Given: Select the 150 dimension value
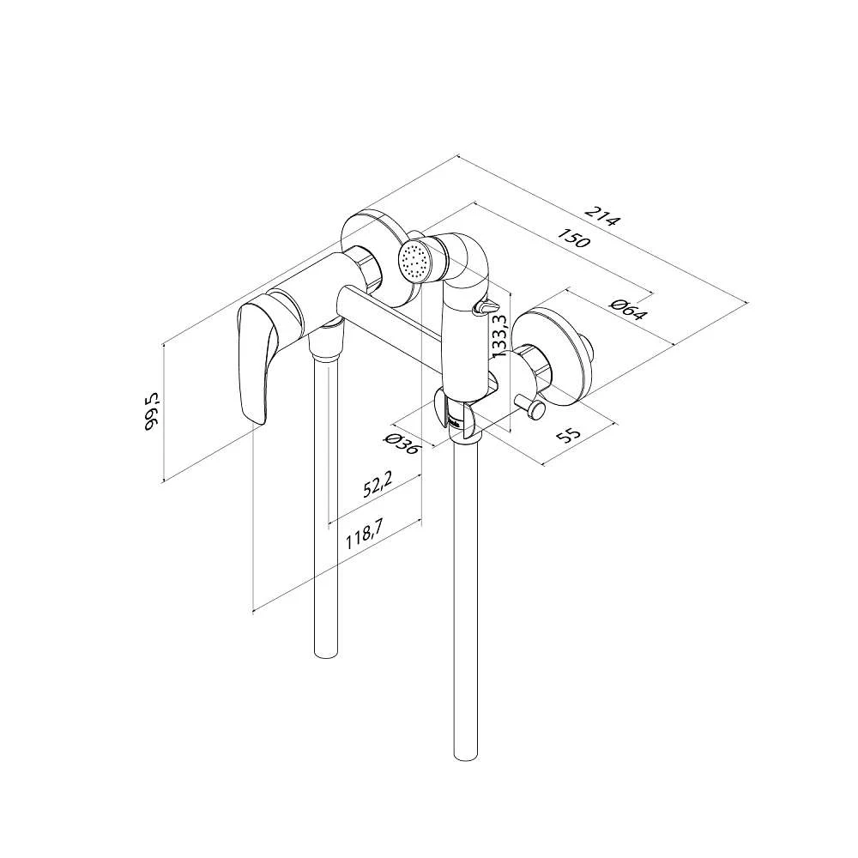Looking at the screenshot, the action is click(574, 238).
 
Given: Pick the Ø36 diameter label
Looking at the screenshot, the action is click(402, 444).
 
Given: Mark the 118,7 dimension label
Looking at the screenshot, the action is click(364, 534).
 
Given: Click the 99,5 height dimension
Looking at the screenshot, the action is click(152, 411).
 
